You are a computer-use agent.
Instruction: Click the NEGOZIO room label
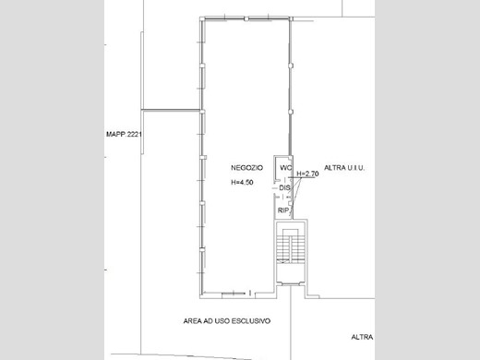tap(246, 168)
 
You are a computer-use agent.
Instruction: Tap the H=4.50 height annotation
tap(242, 183)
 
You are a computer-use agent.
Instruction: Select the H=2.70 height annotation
tap(307, 174)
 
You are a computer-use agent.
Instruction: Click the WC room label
tap(285, 168)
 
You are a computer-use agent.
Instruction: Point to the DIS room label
tap(284, 187)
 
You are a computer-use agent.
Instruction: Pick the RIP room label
tap(283, 210)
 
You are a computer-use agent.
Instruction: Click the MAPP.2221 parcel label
tap(124, 134)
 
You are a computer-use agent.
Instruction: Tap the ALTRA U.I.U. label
tap(344, 168)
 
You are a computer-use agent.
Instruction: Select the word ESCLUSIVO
tap(251, 321)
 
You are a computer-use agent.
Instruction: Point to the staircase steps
tap(290, 246)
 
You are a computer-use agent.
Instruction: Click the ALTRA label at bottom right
tap(362, 337)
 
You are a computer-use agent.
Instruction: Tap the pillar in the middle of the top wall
tap(246, 19)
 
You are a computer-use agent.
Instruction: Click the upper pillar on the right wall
tap(291, 66)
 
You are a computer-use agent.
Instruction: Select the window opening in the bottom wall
tap(234, 294)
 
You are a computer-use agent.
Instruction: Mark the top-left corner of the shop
tap(200, 18)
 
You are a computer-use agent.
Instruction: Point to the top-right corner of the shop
tap(291, 18)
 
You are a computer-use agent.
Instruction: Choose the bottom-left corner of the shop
tap(200, 298)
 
